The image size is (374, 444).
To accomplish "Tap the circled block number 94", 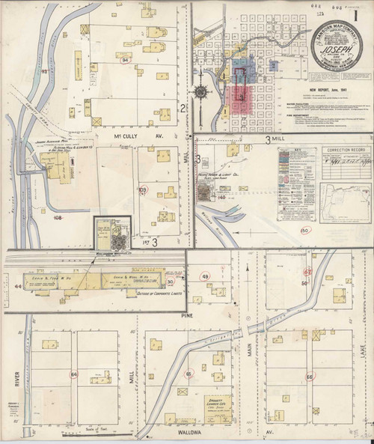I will pyautogui.click(x=125, y=59).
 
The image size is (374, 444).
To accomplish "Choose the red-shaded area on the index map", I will pyautogui.click(x=241, y=97).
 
